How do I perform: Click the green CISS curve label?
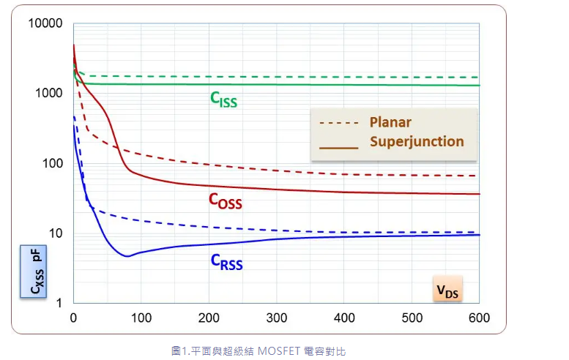224,99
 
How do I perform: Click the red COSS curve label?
225,200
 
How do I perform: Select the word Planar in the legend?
390,122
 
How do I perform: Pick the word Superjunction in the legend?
417,141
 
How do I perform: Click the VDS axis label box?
447,290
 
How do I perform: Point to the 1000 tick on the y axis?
50,93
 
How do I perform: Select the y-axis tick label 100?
53,163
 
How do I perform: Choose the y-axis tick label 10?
56,233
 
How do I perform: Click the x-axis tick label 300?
276,318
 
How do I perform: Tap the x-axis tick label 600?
479,318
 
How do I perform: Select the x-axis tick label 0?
73,318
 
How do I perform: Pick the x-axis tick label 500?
412,318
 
